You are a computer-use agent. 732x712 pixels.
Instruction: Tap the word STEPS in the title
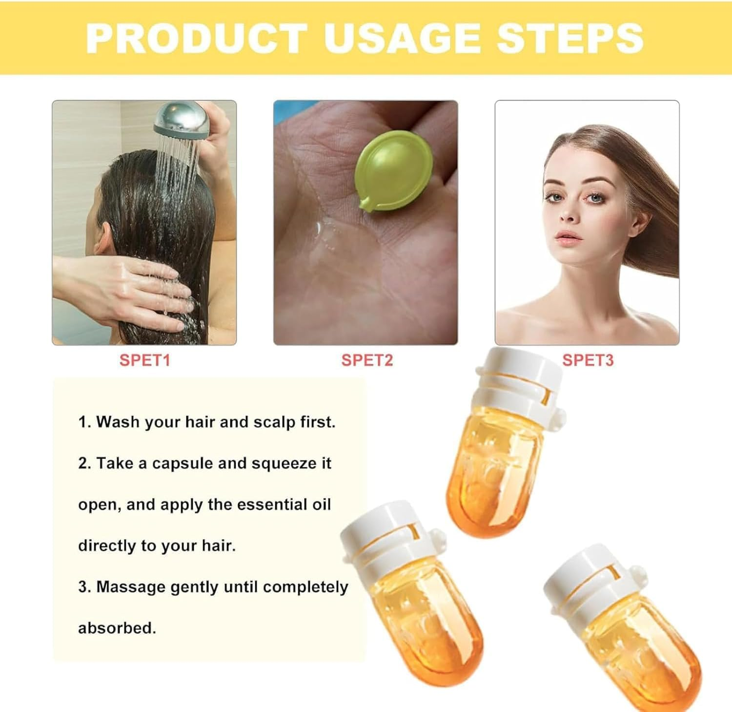click(x=569, y=38)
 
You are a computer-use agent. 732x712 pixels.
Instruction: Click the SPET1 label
click(x=144, y=360)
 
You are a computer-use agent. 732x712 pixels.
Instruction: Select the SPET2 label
click(x=367, y=360)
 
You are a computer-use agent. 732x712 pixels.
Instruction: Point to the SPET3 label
click(x=588, y=360)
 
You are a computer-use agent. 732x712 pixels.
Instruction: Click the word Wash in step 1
click(x=115, y=422)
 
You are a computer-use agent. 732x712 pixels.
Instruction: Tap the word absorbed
click(x=117, y=628)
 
